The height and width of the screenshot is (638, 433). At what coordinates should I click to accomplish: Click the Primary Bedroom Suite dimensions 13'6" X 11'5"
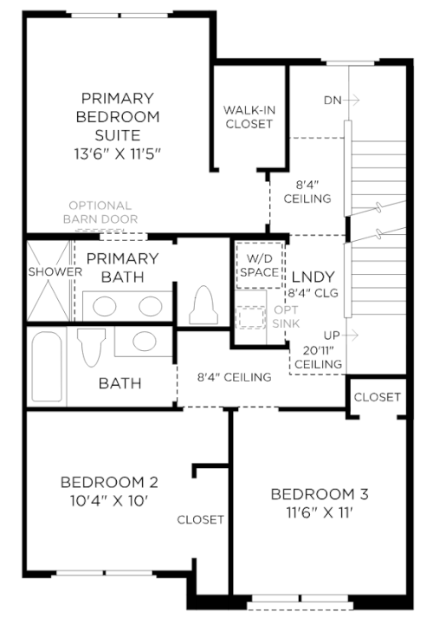coord(118,153)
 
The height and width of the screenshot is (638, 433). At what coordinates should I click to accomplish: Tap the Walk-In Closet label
coord(249,117)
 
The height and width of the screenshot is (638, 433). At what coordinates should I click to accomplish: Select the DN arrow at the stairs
coord(352,100)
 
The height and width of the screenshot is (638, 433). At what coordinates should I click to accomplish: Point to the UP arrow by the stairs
coord(352,335)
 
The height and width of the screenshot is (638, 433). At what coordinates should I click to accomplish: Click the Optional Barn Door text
coord(100,212)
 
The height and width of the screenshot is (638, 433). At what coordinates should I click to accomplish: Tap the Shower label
coord(55,271)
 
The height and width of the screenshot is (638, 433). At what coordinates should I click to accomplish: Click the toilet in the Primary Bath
coord(204,305)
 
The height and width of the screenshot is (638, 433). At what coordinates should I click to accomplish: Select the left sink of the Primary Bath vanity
coord(105,306)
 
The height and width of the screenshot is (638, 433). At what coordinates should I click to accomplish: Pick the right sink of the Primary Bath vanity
coord(151,306)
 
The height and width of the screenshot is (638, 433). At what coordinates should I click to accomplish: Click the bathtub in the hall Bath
coord(47,367)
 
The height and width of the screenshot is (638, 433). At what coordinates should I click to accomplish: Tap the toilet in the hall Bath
coord(91,347)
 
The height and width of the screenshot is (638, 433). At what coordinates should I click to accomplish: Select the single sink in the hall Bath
coord(145,341)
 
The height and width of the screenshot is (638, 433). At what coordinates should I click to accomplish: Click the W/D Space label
coord(260,265)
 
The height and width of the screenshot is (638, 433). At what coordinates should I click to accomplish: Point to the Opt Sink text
coord(286,316)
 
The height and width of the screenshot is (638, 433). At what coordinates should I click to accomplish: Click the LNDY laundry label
coord(313,277)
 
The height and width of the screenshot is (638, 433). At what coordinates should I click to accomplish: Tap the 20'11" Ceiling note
coord(318,357)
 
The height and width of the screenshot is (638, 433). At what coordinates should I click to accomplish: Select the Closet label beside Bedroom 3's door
coord(378,397)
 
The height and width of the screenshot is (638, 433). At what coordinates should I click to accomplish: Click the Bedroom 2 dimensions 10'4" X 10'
coord(108,500)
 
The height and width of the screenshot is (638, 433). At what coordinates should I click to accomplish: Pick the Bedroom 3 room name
coord(320,494)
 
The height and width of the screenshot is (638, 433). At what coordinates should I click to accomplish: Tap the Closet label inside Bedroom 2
coord(200,519)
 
